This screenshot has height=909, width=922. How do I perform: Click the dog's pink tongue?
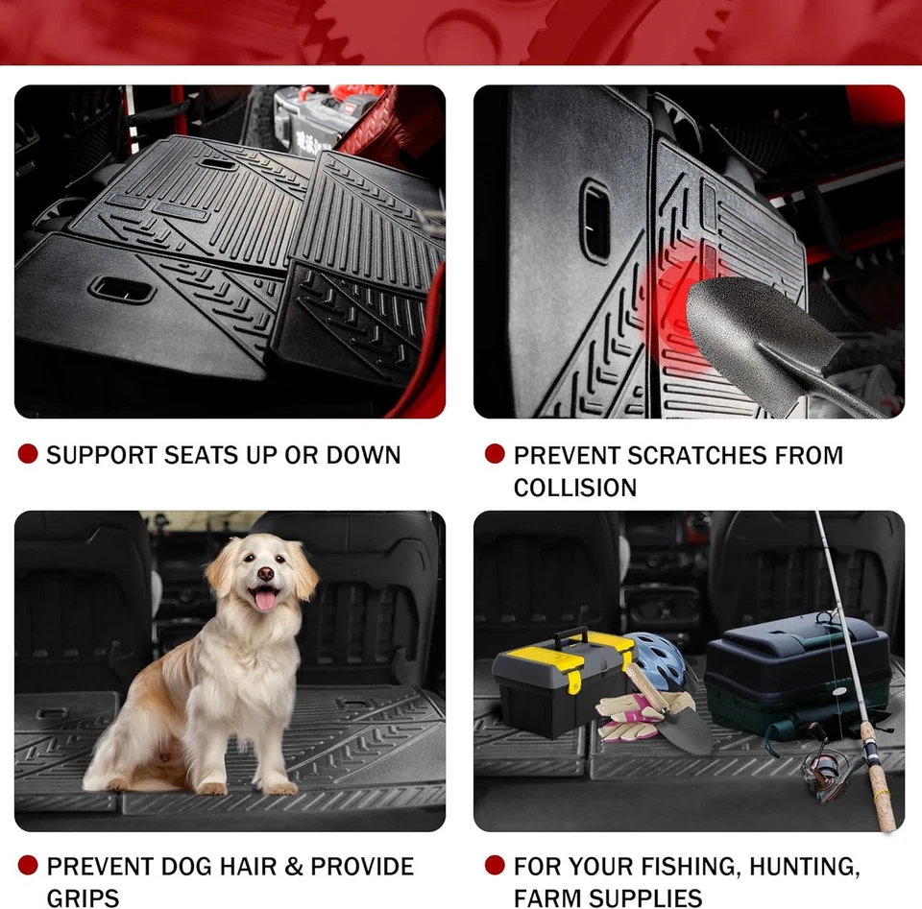point(263,600)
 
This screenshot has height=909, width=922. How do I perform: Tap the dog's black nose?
point(264,573)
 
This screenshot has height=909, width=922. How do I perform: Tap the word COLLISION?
point(574,488)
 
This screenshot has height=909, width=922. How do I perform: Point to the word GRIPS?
point(84,898)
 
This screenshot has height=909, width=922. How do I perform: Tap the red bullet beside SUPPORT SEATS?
point(28,454)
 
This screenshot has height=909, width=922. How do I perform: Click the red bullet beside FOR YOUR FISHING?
point(495,866)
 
